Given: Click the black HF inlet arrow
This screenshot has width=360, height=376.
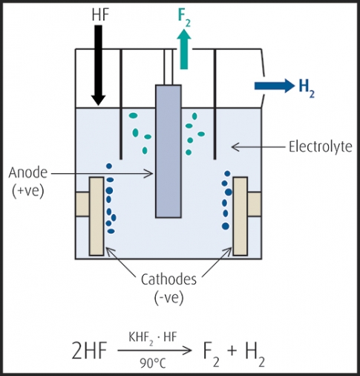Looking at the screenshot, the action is [99, 65].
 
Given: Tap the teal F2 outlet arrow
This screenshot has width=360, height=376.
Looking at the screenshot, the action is [184, 49].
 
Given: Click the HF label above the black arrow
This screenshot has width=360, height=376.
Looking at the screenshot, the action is [100, 15].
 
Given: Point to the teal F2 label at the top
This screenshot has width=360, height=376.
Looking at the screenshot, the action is [184, 18].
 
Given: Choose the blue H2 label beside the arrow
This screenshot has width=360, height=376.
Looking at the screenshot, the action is [307, 88].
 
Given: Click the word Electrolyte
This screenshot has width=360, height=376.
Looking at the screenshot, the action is [321, 146].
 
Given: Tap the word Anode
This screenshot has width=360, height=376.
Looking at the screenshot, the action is [28, 172].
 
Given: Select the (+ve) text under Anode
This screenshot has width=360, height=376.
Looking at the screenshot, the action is [28, 191].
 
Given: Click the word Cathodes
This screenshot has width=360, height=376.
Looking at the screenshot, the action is [168, 279].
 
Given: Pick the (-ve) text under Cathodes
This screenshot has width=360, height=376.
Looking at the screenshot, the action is [169, 297].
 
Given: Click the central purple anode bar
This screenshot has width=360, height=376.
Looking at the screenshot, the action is [168, 152].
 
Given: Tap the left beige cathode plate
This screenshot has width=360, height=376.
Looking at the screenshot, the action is [96, 216].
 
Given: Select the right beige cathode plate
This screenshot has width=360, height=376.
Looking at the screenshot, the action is [240, 216].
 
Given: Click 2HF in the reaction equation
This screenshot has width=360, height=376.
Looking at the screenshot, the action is [89, 350].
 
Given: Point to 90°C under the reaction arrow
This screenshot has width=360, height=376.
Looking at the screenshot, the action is [153, 363].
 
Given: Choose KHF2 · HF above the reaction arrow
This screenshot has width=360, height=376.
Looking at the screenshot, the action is [153, 338].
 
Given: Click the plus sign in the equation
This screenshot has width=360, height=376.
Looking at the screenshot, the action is [232, 351].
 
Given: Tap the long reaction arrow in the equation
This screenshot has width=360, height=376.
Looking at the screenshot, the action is [154, 350].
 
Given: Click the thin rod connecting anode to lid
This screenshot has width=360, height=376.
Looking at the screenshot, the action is [168, 67].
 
